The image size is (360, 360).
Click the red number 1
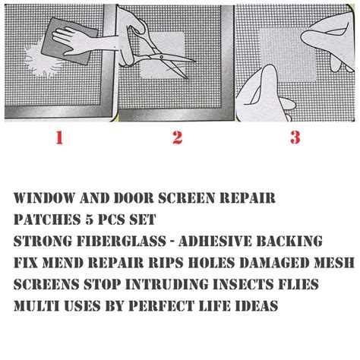(x=58, y=137)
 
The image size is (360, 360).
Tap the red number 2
(x=177, y=137)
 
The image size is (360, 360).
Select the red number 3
(x=295, y=137)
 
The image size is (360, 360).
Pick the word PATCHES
(x=47, y=219)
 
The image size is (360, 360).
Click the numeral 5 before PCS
(x=94, y=219)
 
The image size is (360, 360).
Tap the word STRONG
(x=43, y=242)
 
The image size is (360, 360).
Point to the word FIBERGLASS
(x=128, y=242)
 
